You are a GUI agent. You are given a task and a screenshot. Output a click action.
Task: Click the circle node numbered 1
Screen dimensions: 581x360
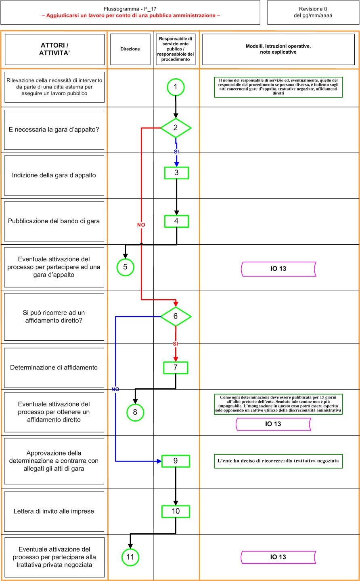(176, 87)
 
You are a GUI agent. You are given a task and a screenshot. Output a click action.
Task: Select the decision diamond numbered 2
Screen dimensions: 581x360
(176, 128)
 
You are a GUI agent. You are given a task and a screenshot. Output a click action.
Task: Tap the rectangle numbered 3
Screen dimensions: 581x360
(176, 173)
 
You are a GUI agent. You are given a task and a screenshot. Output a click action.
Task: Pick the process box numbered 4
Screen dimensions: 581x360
(176, 221)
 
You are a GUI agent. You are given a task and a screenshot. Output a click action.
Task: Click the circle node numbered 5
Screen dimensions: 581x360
(125, 267)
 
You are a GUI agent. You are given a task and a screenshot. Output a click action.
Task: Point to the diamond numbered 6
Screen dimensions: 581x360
(176, 316)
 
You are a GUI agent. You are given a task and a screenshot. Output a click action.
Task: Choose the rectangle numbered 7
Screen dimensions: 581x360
(176, 367)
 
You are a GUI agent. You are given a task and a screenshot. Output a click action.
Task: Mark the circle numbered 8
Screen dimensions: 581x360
(135, 412)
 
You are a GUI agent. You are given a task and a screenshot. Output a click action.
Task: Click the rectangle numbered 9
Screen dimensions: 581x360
(176, 461)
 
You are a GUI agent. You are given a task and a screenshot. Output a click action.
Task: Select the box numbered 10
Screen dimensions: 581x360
(176, 511)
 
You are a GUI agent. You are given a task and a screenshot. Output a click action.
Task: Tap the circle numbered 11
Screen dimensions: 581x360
(130, 557)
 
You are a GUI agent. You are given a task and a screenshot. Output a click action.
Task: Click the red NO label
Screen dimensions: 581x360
(141, 224)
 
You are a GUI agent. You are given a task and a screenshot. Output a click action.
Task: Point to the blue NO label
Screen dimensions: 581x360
(115, 389)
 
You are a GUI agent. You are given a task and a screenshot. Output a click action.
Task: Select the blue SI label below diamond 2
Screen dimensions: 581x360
(176, 151)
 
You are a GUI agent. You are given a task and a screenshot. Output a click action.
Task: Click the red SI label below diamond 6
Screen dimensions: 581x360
(176, 344)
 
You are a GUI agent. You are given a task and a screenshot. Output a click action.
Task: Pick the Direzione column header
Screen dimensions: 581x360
(130, 49)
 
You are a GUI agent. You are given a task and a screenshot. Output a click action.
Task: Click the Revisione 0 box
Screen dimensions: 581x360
(313, 13)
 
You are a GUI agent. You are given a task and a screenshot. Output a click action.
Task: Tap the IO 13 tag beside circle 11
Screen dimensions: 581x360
(278, 557)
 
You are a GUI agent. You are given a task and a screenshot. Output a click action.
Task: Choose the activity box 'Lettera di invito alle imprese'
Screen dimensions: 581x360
(54, 511)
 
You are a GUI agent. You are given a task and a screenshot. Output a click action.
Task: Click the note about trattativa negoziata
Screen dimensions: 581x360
(278, 461)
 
